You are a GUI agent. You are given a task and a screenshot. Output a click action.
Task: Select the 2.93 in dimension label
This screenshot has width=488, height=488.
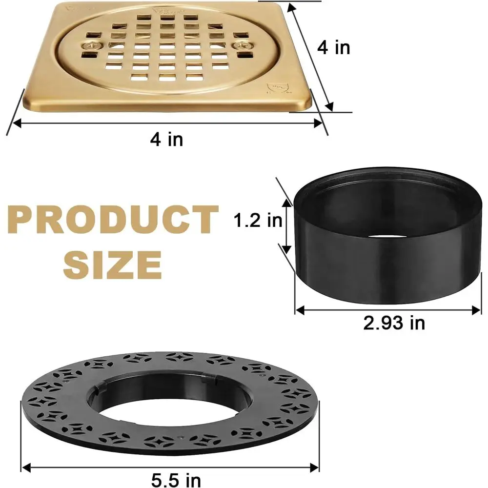tap(394, 323)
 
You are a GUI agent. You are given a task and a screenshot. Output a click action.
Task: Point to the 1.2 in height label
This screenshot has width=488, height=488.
tap(258, 221)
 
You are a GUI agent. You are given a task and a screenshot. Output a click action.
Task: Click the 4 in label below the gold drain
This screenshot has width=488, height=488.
tap(166, 140)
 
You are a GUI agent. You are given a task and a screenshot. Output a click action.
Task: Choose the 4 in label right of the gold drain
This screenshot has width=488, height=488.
tap(333, 48)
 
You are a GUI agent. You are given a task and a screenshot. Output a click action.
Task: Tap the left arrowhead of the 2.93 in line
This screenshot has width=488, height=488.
tap(298, 309)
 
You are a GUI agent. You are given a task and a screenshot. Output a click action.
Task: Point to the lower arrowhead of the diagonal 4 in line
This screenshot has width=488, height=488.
tap(332, 108)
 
